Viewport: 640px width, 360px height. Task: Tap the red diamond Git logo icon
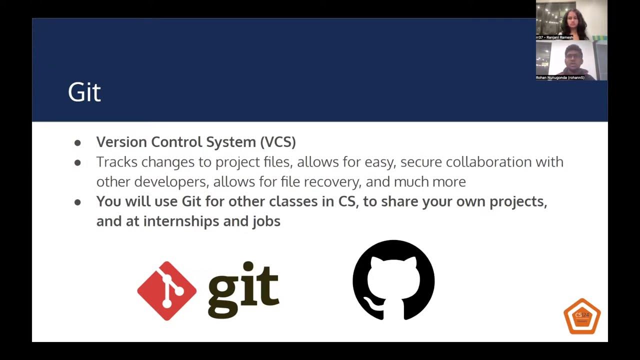(x=166, y=290)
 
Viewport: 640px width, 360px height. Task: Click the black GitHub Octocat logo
(x=393, y=280)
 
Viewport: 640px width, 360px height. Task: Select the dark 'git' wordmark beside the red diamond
(x=243, y=290)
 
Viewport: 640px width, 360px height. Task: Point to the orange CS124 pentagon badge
(x=582, y=316)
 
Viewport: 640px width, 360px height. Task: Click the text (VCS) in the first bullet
(x=278, y=142)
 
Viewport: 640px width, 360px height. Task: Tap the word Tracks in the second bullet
(x=117, y=162)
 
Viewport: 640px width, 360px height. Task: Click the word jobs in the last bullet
(x=266, y=221)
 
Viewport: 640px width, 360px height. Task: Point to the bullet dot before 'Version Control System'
(x=77, y=143)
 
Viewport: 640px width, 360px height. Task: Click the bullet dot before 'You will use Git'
(x=77, y=202)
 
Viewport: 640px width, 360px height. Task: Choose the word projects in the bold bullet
(x=517, y=201)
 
